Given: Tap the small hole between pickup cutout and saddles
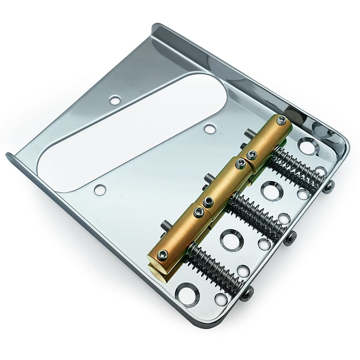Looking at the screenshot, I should coord(209,129).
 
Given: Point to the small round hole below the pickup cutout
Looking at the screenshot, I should coord(99,189).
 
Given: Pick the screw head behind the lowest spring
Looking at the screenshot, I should coord(247,294).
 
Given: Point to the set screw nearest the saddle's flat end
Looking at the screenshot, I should coord(162,255).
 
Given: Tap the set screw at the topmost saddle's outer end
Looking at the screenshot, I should coord(282,120).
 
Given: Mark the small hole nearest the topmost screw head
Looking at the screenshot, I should coord(321,171).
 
